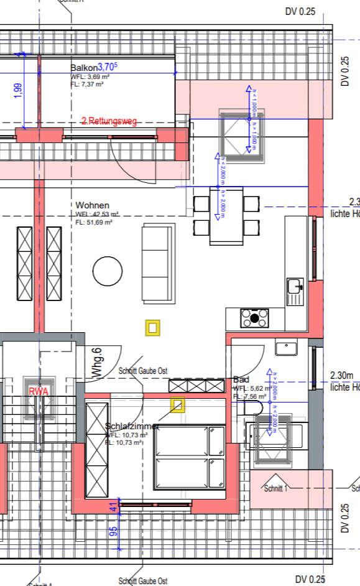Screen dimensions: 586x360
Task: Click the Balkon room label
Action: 84,68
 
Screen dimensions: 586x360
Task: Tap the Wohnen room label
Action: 93,205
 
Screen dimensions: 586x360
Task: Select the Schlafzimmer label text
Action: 131,427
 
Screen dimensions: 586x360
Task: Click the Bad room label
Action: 241,379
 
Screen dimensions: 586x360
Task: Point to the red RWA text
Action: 39,392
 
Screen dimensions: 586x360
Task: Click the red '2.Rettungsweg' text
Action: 109,121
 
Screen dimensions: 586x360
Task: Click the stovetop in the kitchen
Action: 255,318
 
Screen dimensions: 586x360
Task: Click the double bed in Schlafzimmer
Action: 190,457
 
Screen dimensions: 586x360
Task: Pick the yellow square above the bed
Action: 178,406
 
